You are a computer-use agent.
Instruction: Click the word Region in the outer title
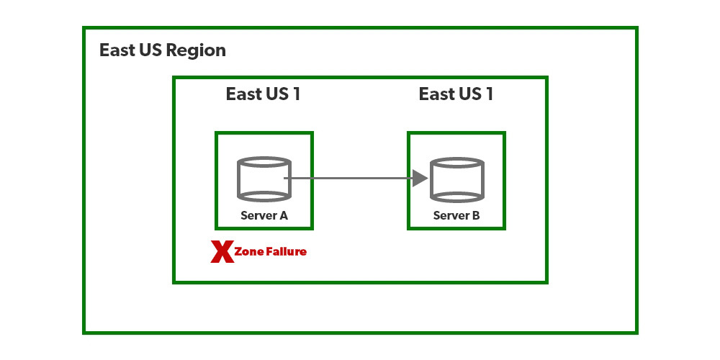[x=196, y=51]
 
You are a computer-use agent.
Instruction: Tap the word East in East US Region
[x=117, y=50]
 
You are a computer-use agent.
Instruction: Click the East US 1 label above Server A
[x=263, y=94]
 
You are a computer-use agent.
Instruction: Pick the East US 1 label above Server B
[x=456, y=94]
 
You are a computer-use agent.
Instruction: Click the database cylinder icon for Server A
[x=264, y=179]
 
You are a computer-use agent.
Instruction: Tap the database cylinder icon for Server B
[x=457, y=179]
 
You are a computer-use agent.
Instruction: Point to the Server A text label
[x=264, y=215]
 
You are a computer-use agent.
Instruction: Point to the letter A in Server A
[x=284, y=215]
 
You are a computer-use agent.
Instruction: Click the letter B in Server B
[x=477, y=215]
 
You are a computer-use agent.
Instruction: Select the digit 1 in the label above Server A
[x=296, y=94]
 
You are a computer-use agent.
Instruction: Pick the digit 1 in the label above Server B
[x=489, y=94]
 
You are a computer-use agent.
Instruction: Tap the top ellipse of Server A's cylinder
[x=264, y=163]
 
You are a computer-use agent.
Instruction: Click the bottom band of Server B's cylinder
[x=457, y=195]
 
